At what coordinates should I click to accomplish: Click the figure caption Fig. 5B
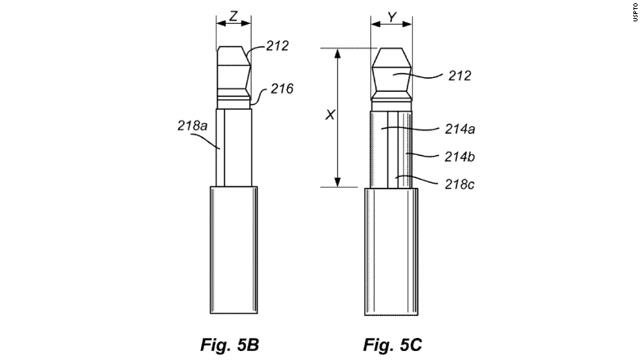(230, 344)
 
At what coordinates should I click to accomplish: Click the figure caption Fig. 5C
(392, 344)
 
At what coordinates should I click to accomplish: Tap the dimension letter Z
(234, 16)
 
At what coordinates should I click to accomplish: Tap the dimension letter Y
(392, 17)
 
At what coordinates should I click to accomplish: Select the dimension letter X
(330, 115)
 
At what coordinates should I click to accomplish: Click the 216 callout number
(282, 89)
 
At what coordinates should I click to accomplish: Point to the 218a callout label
(192, 125)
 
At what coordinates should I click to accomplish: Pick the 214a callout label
(460, 130)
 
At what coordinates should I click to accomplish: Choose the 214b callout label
(459, 157)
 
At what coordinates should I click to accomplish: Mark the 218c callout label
(459, 185)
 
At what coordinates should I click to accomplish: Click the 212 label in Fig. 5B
(277, 46)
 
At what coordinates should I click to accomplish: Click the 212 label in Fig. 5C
(459, 75)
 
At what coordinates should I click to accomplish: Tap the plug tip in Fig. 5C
(391, 74)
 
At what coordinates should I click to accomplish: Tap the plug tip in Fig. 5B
(234, 72)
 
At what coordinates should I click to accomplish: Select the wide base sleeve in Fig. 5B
(234, 250)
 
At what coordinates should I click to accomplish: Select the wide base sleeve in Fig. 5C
(391, 252)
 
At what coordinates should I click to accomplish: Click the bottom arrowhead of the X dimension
(337, 183)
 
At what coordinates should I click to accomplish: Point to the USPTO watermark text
(636, 11)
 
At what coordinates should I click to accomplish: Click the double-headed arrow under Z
(234, 24)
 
